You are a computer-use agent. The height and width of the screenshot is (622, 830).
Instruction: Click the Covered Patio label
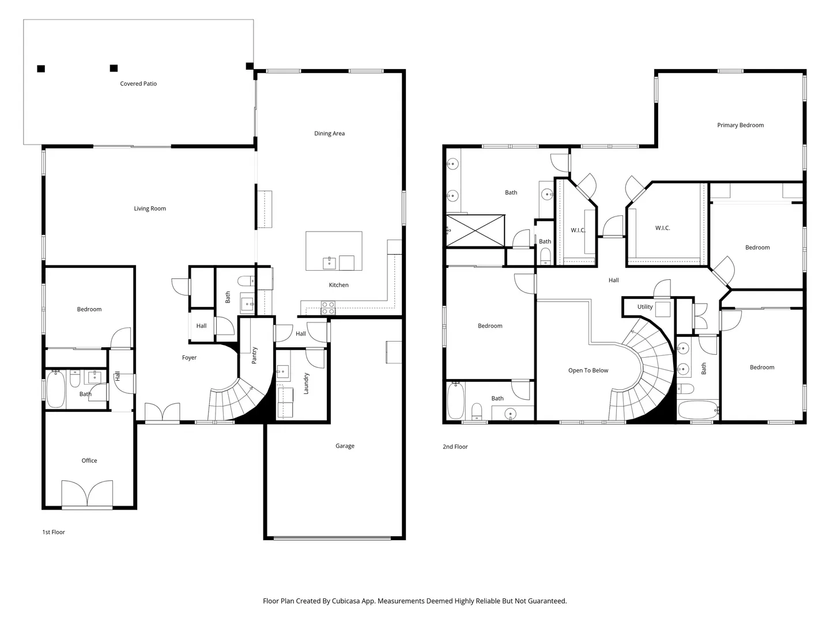pyautogui.click(x=138, y=84)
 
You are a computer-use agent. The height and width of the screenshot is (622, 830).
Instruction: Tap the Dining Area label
pyautogui.click(x=329, y=133)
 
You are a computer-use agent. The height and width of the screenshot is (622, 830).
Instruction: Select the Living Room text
pyautogui.click(x=150, y=208)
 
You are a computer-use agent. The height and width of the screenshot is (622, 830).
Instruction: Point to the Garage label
pyautogui.click(x=345, y=446)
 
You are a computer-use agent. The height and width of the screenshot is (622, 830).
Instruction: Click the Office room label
pyautogui.click(x=89, y=460)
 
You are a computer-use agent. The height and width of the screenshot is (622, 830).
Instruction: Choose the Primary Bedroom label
pyautogui.click(x=740, y=125)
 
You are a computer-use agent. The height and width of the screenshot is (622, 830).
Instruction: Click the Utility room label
pyautogui.click(x=645, y=306)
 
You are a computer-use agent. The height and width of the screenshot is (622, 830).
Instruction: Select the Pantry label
pyautogui.click(x=254, y=355)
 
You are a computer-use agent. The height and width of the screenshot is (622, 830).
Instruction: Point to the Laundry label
pyautogui.click(x=306, y=384)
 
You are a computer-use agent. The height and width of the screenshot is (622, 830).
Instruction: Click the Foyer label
pyautogui.click(x=189, y=358)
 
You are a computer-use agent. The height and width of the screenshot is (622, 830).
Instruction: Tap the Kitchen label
pyautogui.click(x=338, y=285)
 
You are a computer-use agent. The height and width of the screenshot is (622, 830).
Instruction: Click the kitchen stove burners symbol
pyautogui.click(x=328, y=308)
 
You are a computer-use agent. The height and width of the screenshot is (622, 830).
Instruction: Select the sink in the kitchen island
pyautogui.click(x=329, y=263)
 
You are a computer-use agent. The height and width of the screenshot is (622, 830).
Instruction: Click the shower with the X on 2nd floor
pyautogui.click(x=476, y=231)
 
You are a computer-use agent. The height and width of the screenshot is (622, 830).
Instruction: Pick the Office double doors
pyautogui.click(x=87, y=494)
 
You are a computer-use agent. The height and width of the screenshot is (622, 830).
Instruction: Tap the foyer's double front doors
pyautogui.click(x=162, y=412)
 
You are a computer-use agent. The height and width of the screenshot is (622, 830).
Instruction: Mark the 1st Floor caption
pyautogui.click(x=54, y=532)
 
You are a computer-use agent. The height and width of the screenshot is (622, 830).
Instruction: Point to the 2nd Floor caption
pyautogui.click(x=455, y=447)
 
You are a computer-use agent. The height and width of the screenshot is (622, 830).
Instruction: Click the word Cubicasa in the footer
pyautogui.click(x=346, y=601)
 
